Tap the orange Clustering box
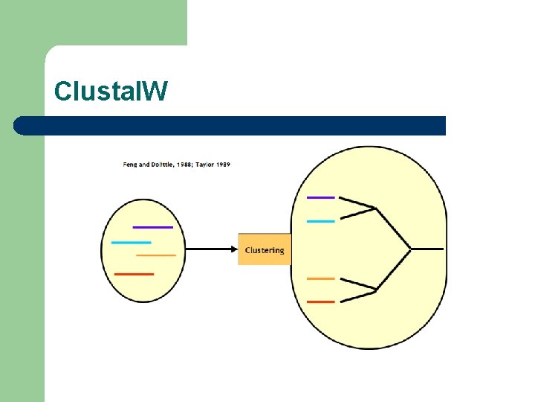264,249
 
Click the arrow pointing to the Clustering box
211,249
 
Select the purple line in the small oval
152,226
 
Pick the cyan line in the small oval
131,243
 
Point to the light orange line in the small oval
156,255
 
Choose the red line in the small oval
134,274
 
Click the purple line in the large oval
321,197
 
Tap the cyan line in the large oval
321,221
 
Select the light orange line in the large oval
321,278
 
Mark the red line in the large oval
321,301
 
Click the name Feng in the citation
130,164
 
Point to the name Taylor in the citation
203,164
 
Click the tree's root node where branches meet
411,248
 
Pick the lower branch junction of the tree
376,289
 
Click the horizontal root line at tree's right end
429,248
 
